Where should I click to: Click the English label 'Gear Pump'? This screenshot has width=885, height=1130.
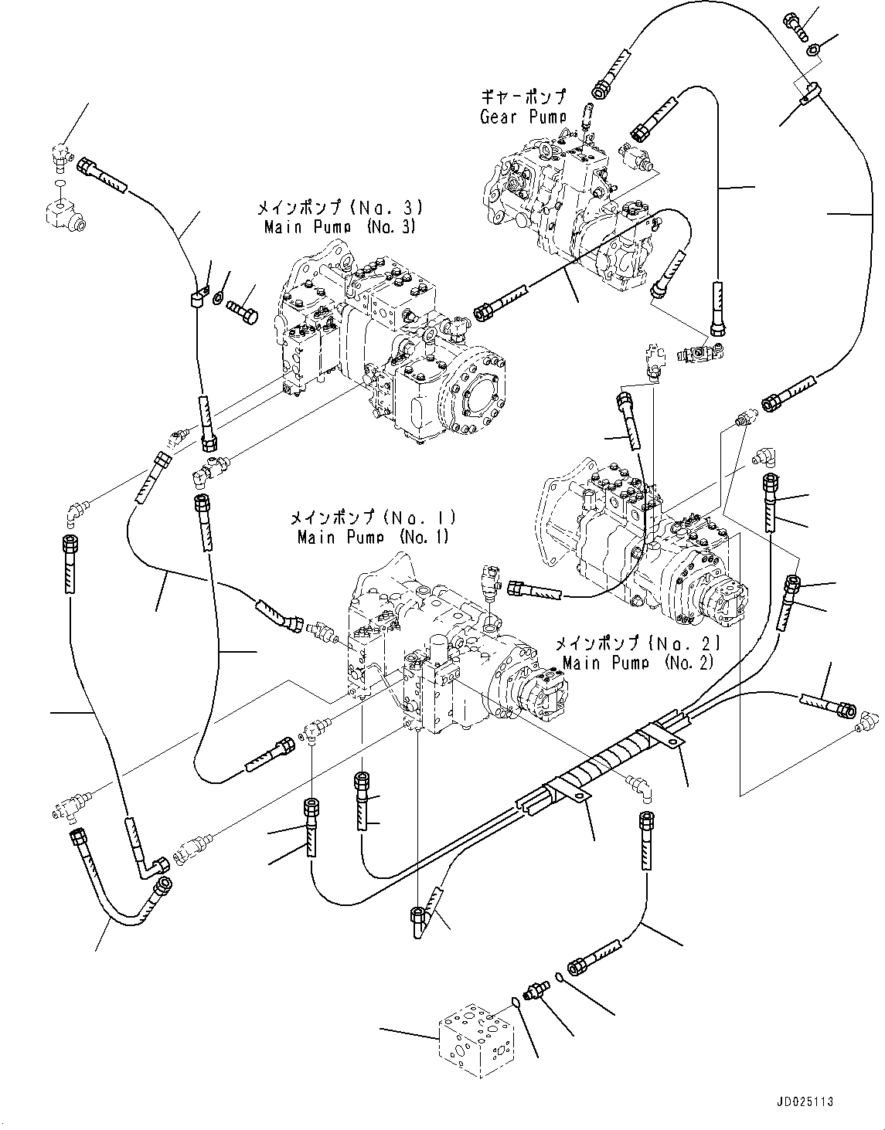522,117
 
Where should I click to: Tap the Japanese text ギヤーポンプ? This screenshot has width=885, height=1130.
523,97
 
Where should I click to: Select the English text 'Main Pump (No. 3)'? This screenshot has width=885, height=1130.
340,227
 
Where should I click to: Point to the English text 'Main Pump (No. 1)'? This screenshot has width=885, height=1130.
373,537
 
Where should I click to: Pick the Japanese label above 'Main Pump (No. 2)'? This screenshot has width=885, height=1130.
638,643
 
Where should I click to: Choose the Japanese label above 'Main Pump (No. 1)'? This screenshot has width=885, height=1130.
373,517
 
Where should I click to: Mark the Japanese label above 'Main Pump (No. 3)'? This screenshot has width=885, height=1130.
340,208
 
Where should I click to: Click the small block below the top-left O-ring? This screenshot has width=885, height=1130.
64,213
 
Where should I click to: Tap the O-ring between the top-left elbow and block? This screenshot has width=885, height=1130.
60,183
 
